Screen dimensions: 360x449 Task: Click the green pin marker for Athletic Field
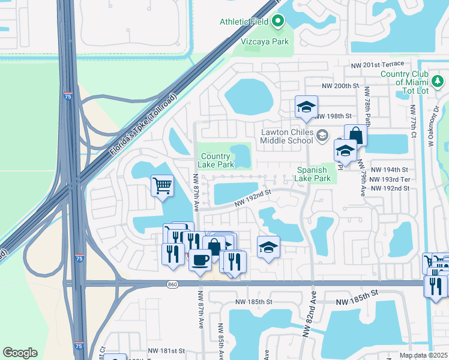point(277,22)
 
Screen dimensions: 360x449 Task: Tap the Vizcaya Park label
point(265,41)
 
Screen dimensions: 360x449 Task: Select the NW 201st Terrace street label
point(383,64)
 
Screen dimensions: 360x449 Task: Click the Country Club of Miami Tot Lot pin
point(438,80)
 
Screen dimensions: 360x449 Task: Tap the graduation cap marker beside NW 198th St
point(306,108)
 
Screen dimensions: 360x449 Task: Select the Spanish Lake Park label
point(313,174)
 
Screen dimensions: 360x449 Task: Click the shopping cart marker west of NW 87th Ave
point(162,185)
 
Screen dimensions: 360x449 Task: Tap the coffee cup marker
point(200,259)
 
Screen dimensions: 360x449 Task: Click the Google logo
point(20,353)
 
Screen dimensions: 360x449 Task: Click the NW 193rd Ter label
point(390,179)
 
